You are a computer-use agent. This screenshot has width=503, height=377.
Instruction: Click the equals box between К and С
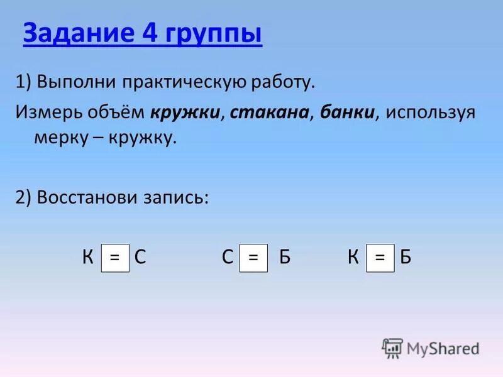tap(115, 258)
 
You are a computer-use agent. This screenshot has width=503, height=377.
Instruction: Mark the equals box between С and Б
tap(253, 258)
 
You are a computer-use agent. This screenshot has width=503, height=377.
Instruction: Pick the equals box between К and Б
tap(380, 258)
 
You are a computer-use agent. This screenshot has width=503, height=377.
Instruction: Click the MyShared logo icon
tap(392, 347)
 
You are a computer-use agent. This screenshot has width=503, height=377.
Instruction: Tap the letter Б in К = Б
tap(406, 258)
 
